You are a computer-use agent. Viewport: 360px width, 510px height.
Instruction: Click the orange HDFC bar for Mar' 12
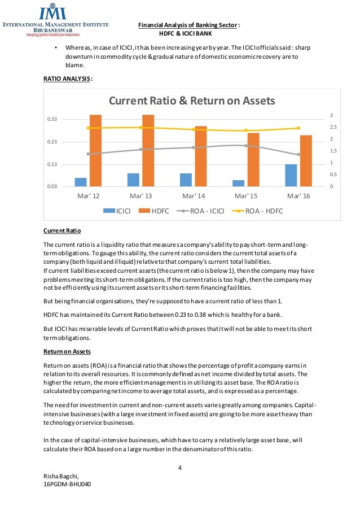(95, 150)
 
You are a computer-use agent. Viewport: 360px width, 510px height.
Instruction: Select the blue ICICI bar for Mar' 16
(291, 175)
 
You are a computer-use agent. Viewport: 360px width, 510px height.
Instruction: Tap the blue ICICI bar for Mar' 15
(238, 183)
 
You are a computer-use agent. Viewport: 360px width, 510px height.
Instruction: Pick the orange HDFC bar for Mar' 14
(201, 156)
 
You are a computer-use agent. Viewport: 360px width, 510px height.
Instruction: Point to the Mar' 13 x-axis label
(141, 196)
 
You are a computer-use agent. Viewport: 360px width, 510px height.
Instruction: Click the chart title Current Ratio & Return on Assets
(191, 101)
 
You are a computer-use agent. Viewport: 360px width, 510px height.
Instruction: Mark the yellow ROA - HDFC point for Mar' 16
(298, 128)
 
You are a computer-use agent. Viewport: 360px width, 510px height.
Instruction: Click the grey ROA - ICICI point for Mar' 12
(88, 154)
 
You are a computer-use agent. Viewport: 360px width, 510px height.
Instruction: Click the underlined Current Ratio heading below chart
(63, 231)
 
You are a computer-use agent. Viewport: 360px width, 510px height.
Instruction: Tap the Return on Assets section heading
(67, 351)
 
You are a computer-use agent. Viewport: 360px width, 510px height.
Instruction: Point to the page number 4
(180, 468)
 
